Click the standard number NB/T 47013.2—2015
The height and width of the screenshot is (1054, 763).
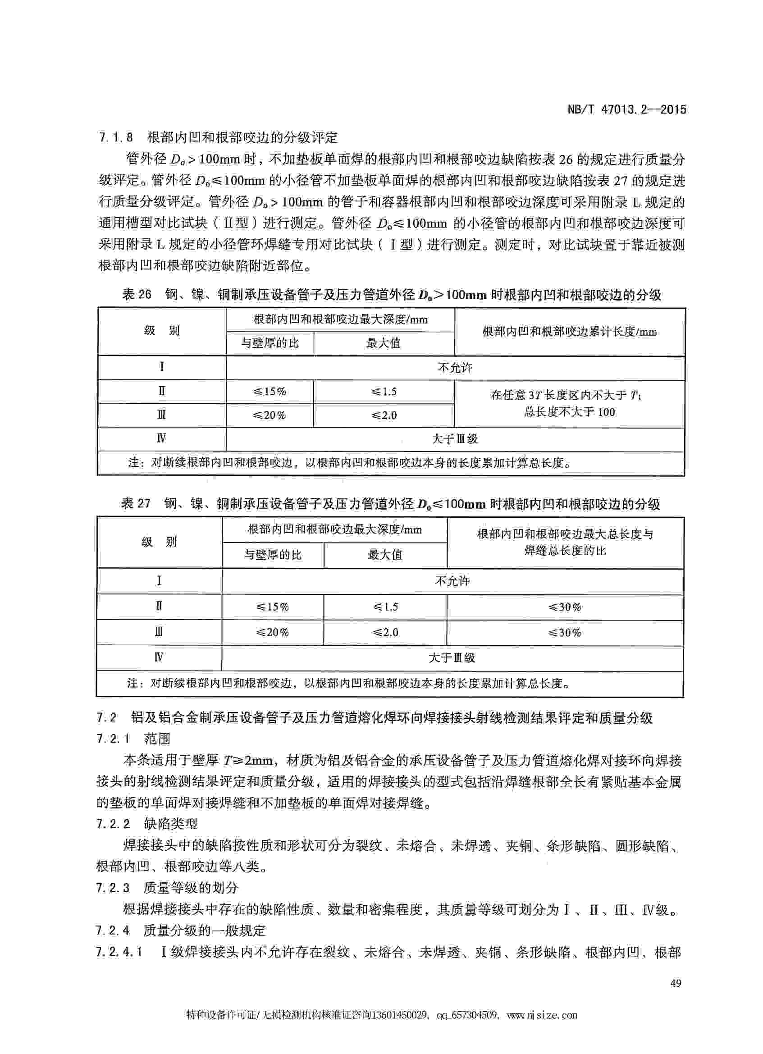(627, 110)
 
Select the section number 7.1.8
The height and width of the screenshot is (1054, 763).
(116, 137)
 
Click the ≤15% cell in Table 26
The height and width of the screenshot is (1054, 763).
(270, 392)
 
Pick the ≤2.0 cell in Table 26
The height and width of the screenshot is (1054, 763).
(384, 415)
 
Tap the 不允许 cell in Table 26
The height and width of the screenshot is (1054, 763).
(455, 368)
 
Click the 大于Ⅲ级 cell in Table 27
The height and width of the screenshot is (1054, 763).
(452, 657)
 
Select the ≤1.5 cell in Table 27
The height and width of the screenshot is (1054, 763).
(385, 607)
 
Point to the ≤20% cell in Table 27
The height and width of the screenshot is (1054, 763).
(273, 632)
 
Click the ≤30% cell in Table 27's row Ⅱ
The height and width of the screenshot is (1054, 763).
(565, 607)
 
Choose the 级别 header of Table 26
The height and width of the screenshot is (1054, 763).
(161, 331)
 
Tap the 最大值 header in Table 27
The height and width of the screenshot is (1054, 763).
(385, 554)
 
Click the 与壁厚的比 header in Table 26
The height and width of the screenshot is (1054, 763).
(270, 343)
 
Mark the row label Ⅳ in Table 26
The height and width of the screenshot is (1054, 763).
(161, 439)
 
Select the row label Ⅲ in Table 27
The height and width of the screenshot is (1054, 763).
(159, 632)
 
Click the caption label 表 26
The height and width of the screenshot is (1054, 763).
(137, 295)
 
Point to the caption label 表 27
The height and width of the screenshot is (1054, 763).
(136, 504)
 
